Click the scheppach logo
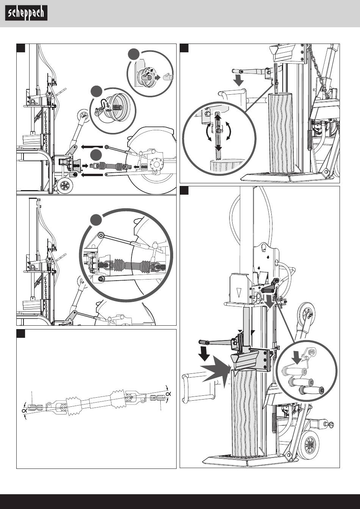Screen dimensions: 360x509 (26, 14)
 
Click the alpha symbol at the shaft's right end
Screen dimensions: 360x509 (167, 394)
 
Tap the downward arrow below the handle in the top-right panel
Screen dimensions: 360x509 (238, 80)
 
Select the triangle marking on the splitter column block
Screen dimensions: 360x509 (238, 293)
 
